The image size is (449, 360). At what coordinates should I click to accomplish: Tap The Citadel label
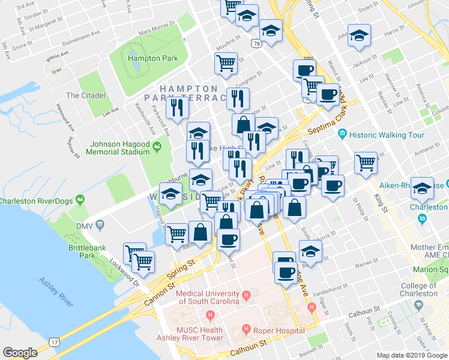(86, 95)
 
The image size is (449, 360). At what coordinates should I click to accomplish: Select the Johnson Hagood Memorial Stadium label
(119, 148)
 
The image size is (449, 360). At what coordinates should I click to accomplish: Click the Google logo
(20, 353)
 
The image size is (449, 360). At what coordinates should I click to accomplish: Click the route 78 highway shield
(256, 44)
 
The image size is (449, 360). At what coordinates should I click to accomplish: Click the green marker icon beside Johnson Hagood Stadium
(158, 146)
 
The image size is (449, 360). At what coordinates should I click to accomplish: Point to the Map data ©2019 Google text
(412, 355)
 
